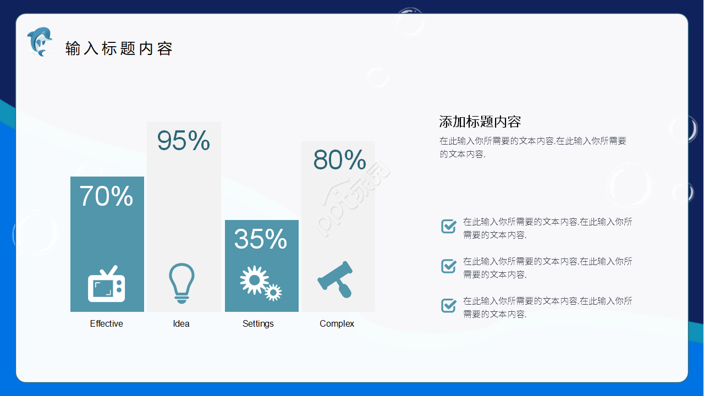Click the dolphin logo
coord(40,42)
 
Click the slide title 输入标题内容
coord(119,49)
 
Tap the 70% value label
coord(106,196)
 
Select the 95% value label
coord(184,140)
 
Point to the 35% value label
coord(261,239)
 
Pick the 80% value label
coord(339,159)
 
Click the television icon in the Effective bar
coord(107,284)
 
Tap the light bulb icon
coord(182,283)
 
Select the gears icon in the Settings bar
coord(261,283)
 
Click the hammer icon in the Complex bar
coord(335,279)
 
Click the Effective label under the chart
coord(106,323)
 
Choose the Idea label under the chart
coord(181,323)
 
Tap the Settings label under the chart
coord(258,324)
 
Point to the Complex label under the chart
coord(337,324)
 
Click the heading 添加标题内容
coord(480,122)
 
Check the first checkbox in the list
coord(449,226)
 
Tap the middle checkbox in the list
coord(449,266)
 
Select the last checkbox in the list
coord(449,305)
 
